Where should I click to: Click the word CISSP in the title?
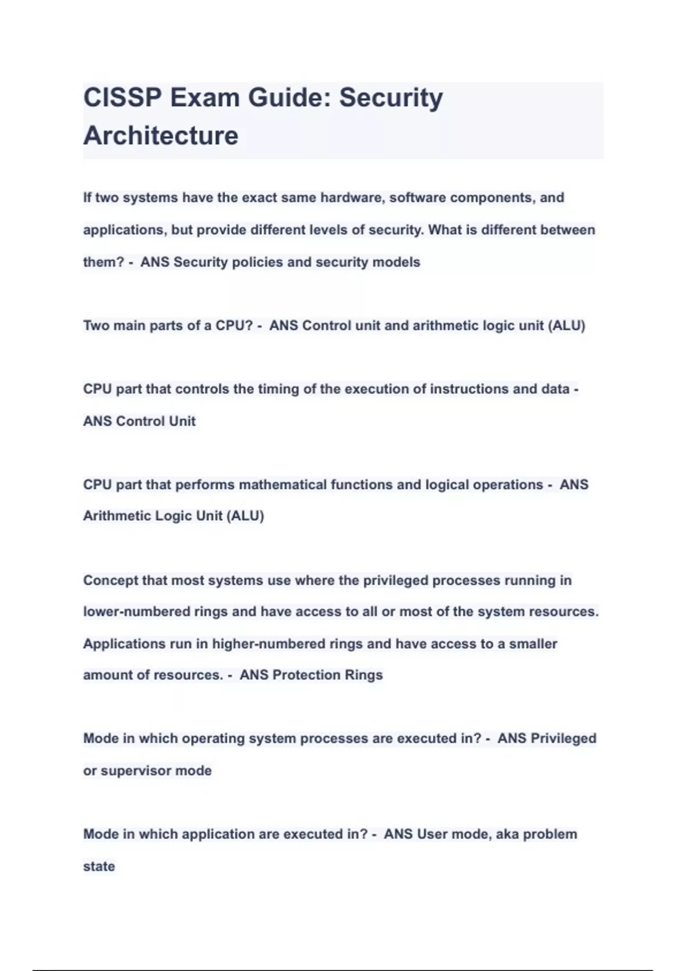click(122, 98)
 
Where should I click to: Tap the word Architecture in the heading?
click(161, 136)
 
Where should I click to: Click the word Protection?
click(306, 675)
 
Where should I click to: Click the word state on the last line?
click(99, 866)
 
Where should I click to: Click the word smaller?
click(533, 644)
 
